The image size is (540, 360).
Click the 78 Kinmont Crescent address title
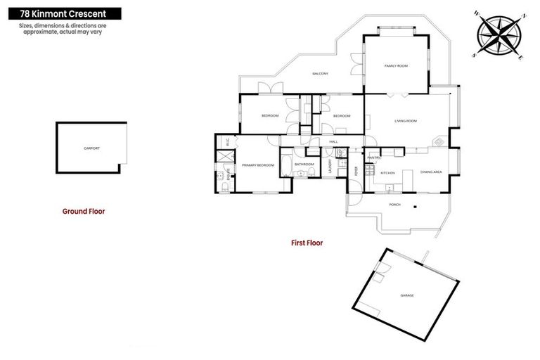tap(60, 13)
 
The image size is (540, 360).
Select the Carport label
tap(91, 148)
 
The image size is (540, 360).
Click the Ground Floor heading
tap(84, 210)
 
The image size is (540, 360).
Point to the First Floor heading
tap(307, 243)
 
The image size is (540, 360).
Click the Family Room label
tap(396, 65)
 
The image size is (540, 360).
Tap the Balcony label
tap(321, 74)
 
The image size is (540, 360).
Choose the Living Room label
tap(406, 121)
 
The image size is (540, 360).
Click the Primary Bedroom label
tap(258, 165)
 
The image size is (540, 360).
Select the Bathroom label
tap(304, 165)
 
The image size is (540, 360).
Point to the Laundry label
tap(330, 166)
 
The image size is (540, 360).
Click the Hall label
tap(334, 141)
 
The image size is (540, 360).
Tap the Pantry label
tap(373, 157)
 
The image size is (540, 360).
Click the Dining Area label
tap(431, 172)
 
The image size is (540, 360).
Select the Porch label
tap(395, 205)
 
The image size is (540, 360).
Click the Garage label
tap(407, 295)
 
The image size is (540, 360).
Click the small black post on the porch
tap(415, 206)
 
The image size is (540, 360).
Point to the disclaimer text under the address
tap(60, 29)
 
